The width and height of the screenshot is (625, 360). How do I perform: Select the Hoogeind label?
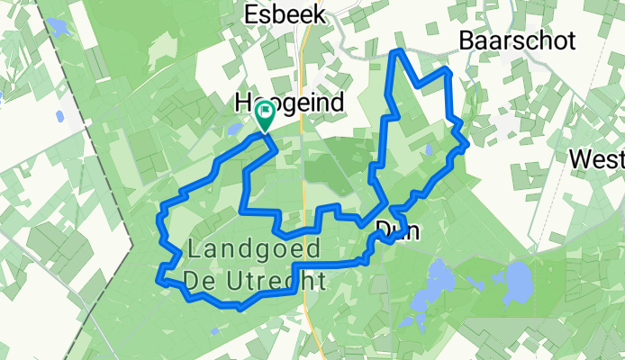point(289,103)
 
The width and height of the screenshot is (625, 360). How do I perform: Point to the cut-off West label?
point(597,159)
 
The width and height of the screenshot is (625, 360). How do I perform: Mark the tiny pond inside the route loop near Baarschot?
point(427,149)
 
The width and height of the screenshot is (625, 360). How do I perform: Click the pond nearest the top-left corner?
point(59,26)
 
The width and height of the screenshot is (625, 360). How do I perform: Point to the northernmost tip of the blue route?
point(397,53)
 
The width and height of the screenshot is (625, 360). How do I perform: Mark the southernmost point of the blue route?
point(240,308)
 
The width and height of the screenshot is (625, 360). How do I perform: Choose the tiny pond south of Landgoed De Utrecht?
point(213,330)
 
